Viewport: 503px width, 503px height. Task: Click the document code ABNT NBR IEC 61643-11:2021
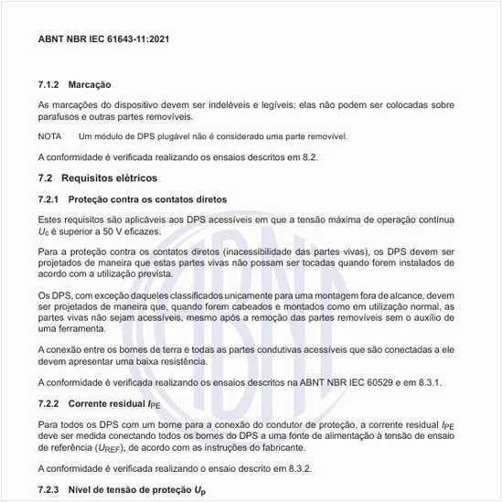click(x=103, y=40)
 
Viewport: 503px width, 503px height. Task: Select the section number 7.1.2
click(x=49, y=84)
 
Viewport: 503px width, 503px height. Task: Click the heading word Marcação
click(x=91, y=84)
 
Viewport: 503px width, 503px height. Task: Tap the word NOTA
click(x=49, y=136)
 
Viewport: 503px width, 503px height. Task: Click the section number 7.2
click(x=46, y=178)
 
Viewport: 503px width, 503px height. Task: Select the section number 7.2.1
click(x=49, y=199)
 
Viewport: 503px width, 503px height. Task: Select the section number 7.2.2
click(x=49, y=401)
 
